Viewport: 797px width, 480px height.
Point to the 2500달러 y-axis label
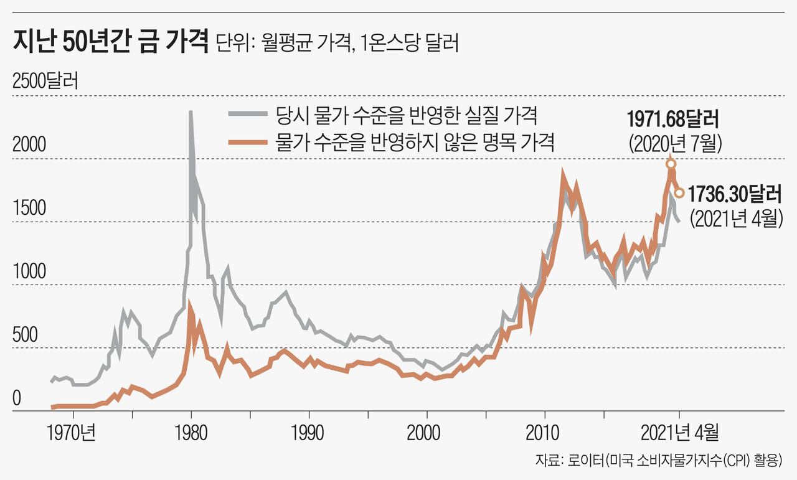[45, 82]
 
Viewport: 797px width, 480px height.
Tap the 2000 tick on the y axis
[29, 144]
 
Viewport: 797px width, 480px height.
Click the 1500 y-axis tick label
[29, 208]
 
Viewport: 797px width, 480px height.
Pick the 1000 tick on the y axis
[29, 271]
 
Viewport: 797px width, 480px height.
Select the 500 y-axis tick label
[25, 335]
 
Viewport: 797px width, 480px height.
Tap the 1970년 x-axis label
[73, 431]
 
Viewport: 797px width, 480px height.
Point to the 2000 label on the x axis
[427, 431]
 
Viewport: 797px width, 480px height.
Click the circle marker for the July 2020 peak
[671, 164]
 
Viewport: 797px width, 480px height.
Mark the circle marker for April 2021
[679, 193]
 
